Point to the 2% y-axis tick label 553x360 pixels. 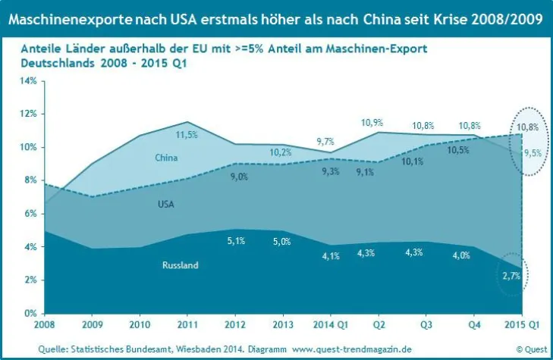click(29, 280)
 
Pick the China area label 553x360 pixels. click(166, 158)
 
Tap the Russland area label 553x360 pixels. click(181, 265)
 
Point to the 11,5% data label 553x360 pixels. click(187, 135)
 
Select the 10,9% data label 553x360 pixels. click(372, 122)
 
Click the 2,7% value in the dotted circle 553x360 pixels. click(511, 276)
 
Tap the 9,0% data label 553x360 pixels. click(239, 176)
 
